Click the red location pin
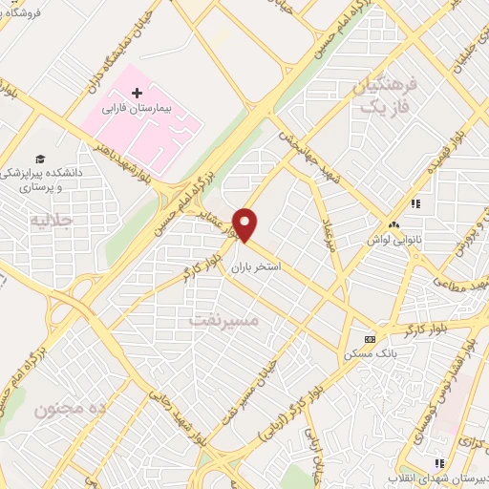pyautogui.click(x=246, y=224)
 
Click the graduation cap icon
pyautogui.click(x=39, y=159)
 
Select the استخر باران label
pyautogui.click(x=254, y=269)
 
